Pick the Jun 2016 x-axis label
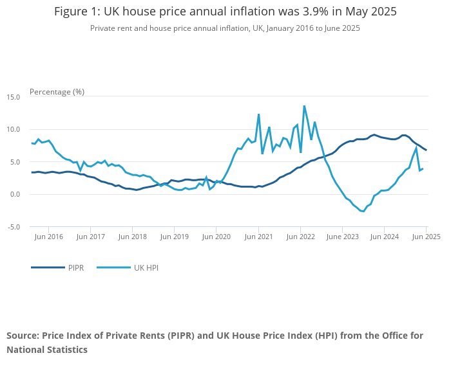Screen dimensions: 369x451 coord(49,237)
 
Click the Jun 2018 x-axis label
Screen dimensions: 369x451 coord(133,237)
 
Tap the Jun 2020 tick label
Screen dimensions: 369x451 coord(216,237)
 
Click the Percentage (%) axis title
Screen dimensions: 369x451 coord(57,92)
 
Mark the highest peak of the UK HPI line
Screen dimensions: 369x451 coord(304,106)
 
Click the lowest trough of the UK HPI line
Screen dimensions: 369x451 coord(363,211)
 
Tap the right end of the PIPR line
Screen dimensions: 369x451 coord(426,150)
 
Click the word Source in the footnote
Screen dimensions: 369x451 coord(24,336)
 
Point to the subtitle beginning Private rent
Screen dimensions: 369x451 coord(225,28)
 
